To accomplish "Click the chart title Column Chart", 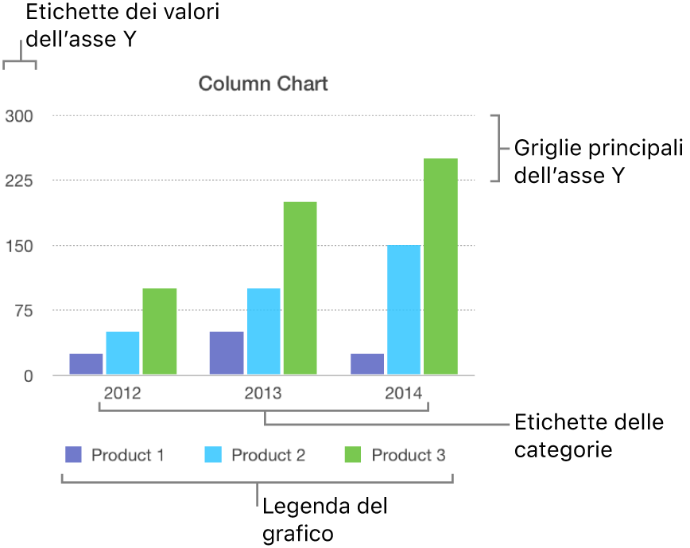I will tap(262, 84).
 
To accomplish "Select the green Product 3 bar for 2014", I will tap(440, 266).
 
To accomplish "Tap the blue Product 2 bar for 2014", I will tap(404, 309).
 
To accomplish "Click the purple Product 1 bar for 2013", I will tap(227, 352).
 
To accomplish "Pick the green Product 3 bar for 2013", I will tap(300, 288).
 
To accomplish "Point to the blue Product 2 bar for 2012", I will tap(122, 352).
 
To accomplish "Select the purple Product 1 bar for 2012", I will tap(86, 363).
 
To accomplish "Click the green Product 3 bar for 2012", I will tap(160, 331).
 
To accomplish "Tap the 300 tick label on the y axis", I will tap(19, 116).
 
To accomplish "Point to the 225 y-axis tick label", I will tap(19, 181).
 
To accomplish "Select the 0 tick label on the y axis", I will tap(28, 375).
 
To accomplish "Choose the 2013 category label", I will tap(263, 393).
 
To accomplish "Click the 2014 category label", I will tap(404, 393).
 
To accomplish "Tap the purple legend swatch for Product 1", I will tap(73, 455).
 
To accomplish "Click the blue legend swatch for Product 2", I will tap(214, 455).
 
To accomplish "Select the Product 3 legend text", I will tap(409, 455).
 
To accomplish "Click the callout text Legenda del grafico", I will tap(325, 519).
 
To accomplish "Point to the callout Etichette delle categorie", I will tap(588, 435).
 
